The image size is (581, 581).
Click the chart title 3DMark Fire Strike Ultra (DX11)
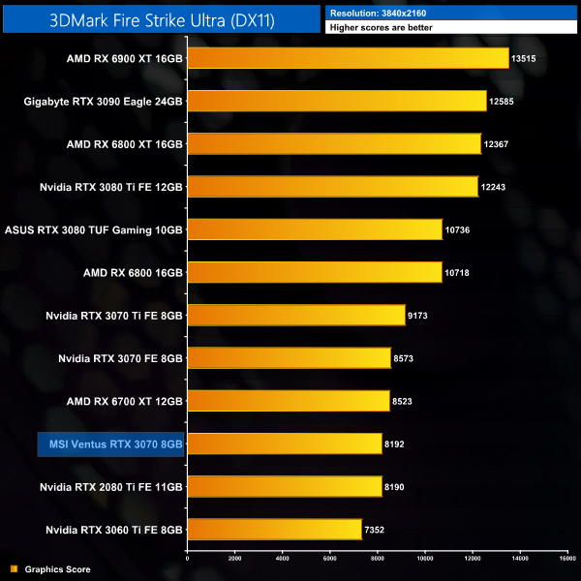[x=160, y=17]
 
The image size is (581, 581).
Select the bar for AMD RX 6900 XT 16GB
[x=347, y=58]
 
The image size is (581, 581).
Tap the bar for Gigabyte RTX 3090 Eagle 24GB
[x=336, y=101]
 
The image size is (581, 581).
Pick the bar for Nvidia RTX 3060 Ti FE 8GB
[x=274, y=529]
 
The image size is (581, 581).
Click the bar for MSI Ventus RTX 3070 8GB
[x=284, y=443]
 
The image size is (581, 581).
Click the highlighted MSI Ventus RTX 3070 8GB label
[x=110, y=443]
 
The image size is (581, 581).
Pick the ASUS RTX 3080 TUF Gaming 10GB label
[x=94, y=229]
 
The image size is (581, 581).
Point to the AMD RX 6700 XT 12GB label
[x=125, y=401]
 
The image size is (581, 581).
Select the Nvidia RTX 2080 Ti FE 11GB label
[x=111, y=486]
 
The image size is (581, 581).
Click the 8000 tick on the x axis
[x=377, y=559]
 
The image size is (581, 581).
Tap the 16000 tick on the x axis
[x=566, y=559]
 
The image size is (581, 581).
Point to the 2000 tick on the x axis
[x=234, y=559]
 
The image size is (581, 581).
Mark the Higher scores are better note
[x=381, y=27]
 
